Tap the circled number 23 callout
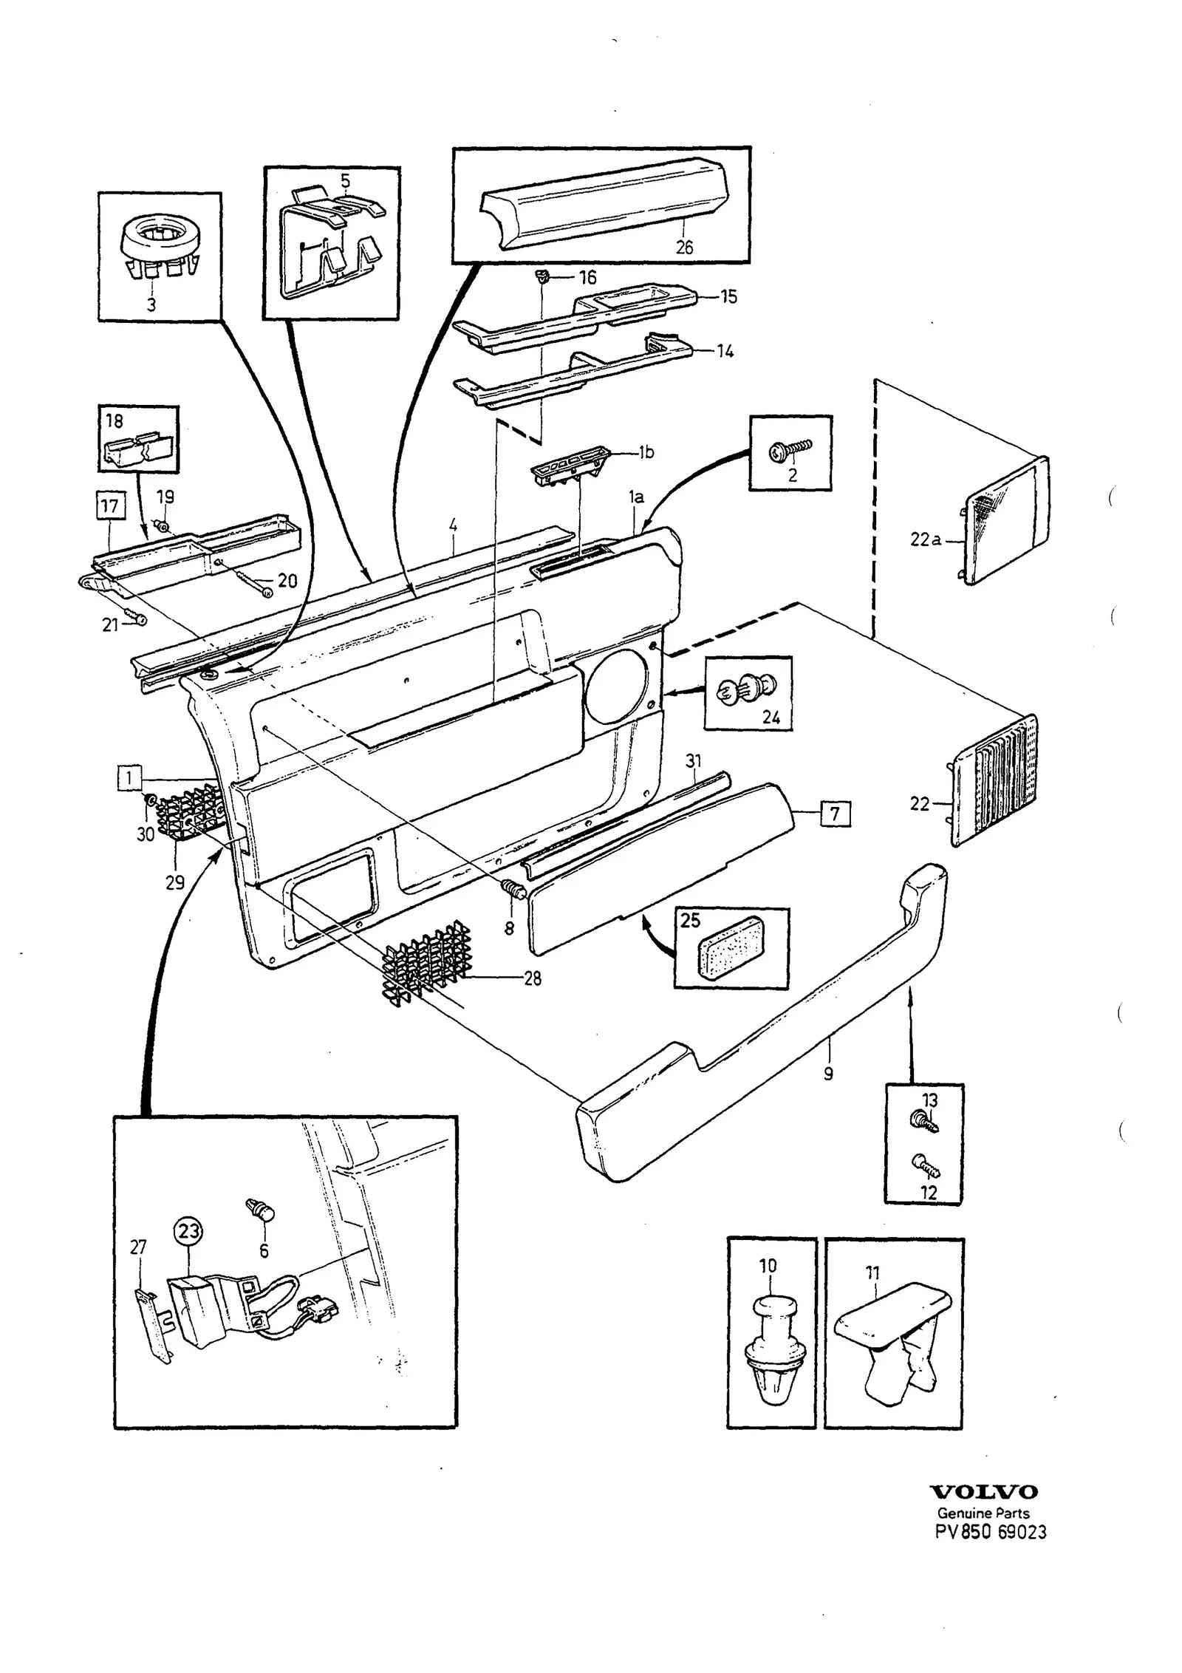point(188,1231)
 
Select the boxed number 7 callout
point(835,814)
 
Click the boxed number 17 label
point(109,506)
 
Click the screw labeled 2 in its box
point(790,450)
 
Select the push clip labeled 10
point(770,1347)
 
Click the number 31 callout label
point(693,760)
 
